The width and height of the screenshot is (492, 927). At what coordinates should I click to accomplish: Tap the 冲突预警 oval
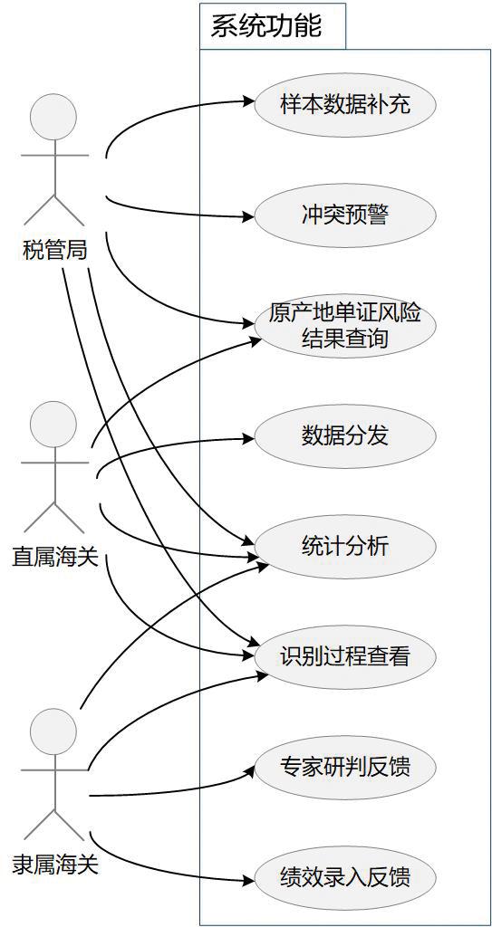click(344, 215)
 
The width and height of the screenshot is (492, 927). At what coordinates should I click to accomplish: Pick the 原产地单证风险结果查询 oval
click(344, 326)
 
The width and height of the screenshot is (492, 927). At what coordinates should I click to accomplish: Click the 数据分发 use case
click(344, 436)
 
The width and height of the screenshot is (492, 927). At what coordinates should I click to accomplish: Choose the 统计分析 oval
click(344, 546)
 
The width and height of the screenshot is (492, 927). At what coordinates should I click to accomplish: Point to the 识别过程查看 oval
click(344, 656)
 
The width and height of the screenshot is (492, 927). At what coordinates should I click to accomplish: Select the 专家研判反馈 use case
click(344, 767)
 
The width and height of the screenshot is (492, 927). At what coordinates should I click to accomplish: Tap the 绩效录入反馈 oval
click(344, 876)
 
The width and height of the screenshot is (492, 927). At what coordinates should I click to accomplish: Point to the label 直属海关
click(54, 557)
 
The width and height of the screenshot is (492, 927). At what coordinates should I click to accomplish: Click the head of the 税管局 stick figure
click(53, 117)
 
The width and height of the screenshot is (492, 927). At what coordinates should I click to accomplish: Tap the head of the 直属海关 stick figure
click(53, 425)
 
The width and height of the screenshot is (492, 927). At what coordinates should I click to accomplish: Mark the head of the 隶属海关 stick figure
click(53, 731)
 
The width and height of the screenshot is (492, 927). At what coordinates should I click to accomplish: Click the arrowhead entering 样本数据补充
click(248, 101)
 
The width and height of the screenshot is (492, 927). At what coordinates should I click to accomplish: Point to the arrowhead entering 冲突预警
click(248, 216)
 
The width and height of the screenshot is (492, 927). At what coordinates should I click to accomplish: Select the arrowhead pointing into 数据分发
click(248, 438)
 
